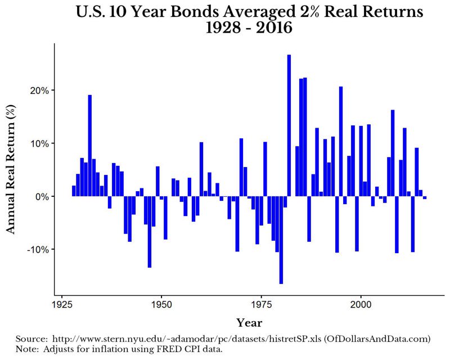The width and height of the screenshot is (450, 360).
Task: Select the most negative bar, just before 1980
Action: tap(281, 240)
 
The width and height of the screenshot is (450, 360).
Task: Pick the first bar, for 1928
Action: tap(74, 191)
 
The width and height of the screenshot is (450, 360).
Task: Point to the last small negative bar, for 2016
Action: tap(425, 197)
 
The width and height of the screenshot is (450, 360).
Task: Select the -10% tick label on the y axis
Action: tap(38, 249)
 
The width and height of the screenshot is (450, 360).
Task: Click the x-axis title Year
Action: tap(249, 322)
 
